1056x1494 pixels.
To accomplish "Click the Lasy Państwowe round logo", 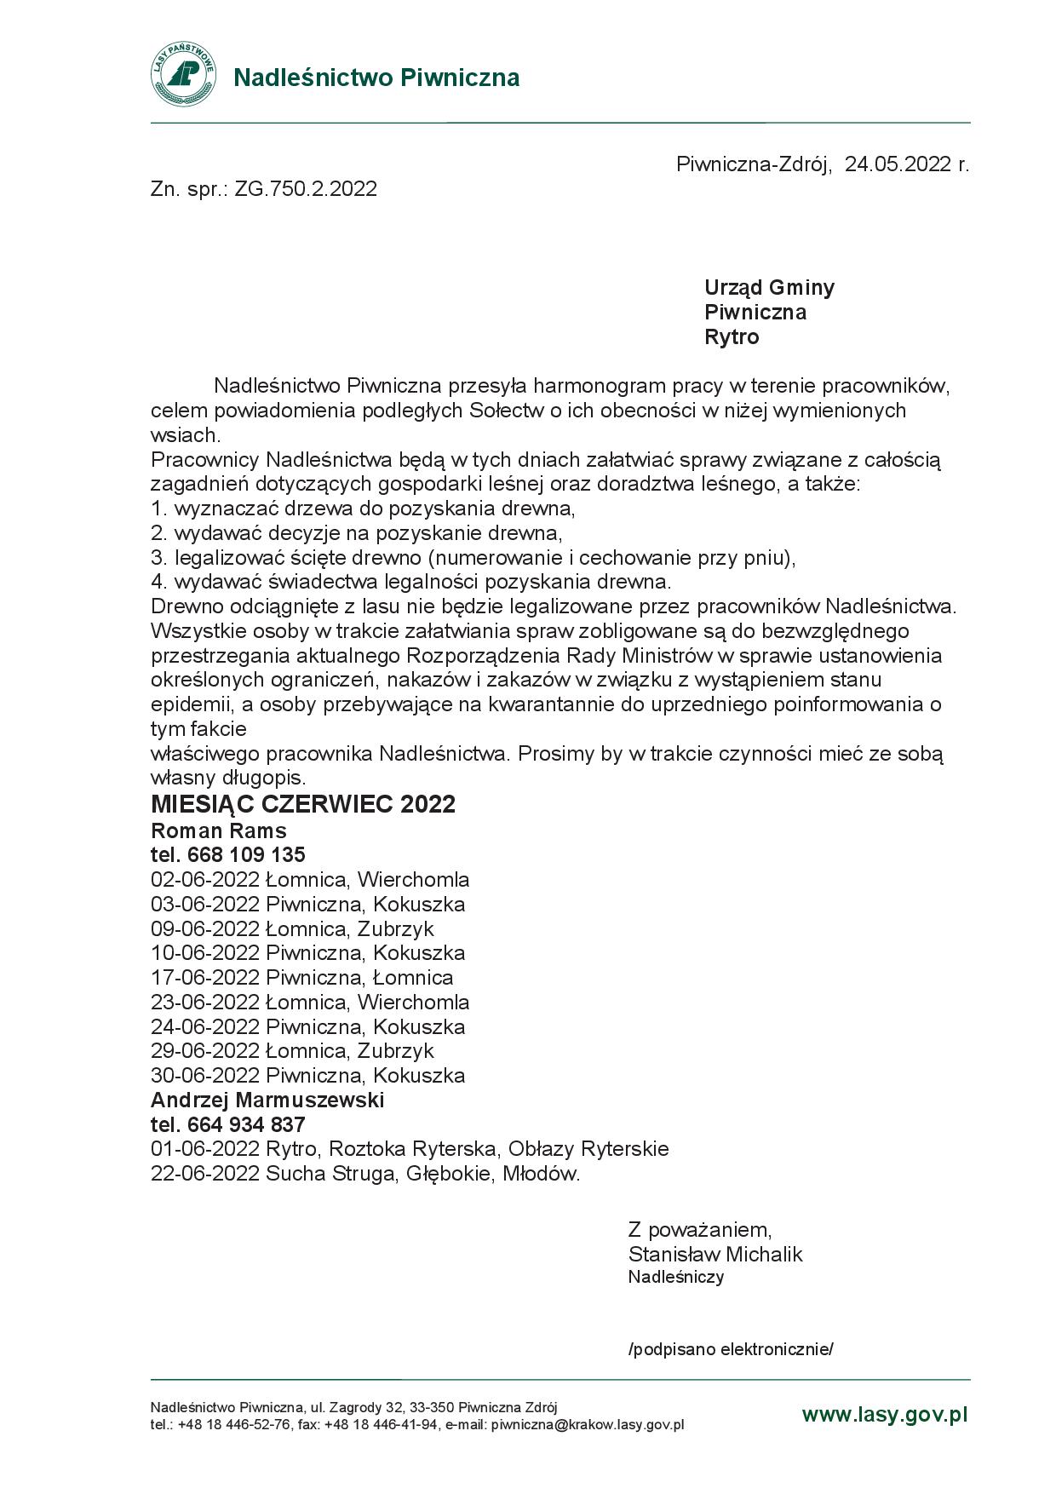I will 182,75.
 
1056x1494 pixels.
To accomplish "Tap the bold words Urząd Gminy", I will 769,287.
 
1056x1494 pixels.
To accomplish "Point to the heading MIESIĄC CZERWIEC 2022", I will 303,804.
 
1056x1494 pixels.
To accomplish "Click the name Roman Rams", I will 219,830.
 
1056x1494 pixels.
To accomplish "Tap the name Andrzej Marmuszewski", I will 267,1100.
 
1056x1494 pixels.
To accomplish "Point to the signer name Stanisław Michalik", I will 715,1254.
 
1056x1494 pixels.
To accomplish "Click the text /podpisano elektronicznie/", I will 730,1349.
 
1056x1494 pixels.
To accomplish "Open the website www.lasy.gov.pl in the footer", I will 885,1415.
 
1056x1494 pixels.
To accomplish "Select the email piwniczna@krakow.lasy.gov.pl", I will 588,1424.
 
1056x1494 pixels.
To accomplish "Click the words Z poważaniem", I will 699,1229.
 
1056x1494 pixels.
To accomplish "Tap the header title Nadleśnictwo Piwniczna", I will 376,78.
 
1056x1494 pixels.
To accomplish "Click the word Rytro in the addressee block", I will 732,336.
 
